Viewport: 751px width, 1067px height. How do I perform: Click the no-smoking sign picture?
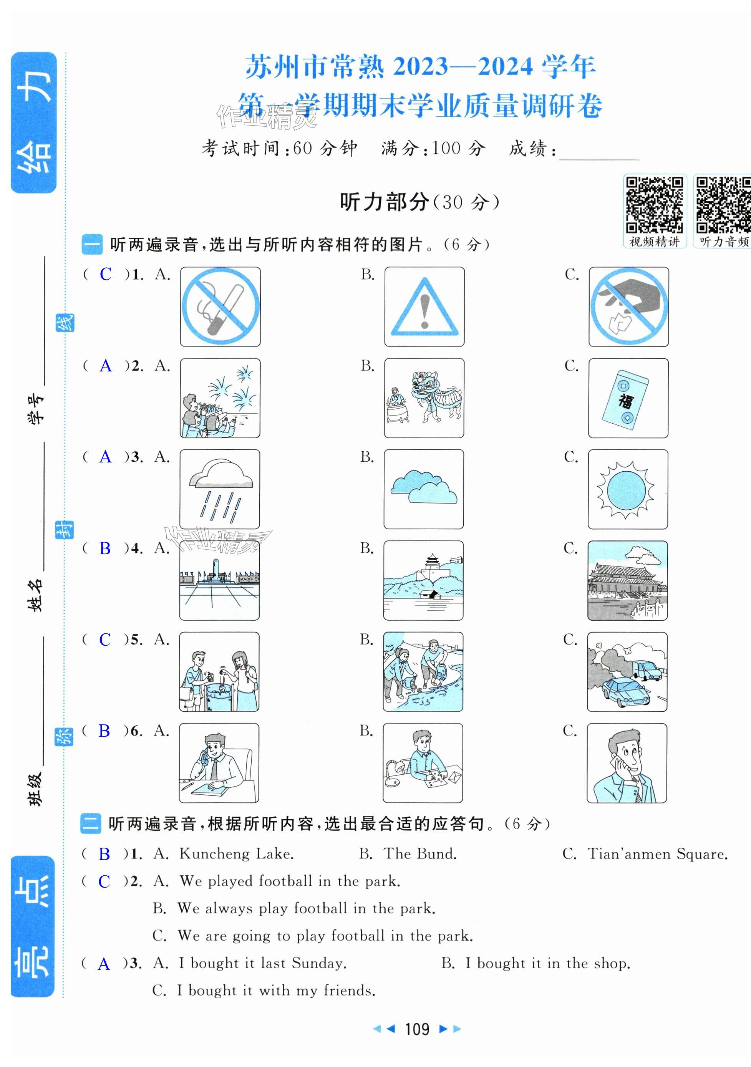[220, 307]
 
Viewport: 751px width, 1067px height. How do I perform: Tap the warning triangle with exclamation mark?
[424, 307]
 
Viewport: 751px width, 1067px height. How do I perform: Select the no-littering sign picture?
[629, 307]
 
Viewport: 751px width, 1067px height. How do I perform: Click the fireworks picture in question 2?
[220, 398]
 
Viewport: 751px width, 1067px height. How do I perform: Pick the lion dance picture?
[424, 398]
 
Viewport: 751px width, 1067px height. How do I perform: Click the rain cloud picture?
[220, 489]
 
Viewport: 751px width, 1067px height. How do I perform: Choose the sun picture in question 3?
[628, 489]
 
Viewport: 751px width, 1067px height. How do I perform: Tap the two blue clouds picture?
[424, 489]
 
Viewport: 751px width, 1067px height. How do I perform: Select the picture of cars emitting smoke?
[627, 671]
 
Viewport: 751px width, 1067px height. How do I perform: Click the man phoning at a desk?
[219, 762]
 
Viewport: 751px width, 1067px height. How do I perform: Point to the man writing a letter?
[423, 762]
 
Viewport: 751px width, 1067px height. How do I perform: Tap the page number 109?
[417, 1029]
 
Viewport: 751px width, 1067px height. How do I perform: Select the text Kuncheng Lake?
[237, 854]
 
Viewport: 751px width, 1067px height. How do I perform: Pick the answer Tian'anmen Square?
[658, 854]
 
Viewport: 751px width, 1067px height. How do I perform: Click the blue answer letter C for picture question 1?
[106, 274]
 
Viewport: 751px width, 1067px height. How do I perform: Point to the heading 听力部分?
[384, 202]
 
